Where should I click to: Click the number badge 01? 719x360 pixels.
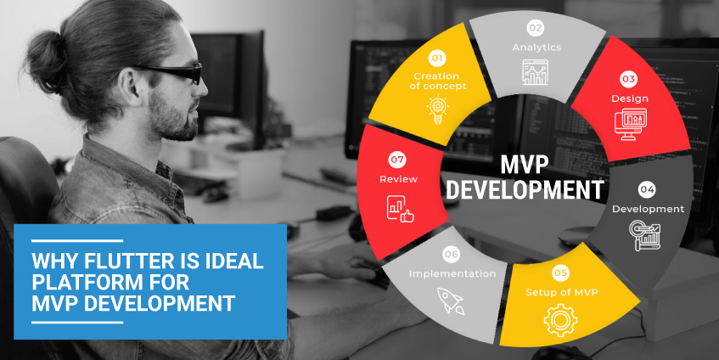(x=437, y=59)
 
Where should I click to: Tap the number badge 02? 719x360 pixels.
(x=536, y=27)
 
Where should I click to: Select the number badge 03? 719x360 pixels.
(x=628, y=80)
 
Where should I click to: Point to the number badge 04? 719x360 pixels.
(x=647, y=189)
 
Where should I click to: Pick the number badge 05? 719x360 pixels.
(x=559, y=273)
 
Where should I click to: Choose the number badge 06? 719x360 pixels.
(x=451, y=254)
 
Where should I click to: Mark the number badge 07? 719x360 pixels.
(x=396, y=159)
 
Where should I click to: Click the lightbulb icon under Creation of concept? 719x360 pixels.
(x=437, y=111)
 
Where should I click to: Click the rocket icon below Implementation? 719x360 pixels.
(x=451, y=298)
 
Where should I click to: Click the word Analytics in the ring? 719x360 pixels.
(x=536, y=47)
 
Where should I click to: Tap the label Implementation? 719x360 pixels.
(x=452, y=273)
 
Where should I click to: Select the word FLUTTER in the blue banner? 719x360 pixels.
(x=119, y=262)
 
